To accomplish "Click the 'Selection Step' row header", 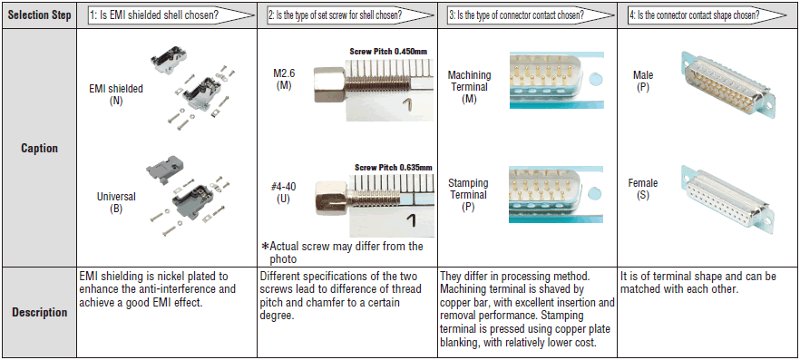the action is coord(39,15).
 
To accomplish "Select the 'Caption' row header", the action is coord(39,149).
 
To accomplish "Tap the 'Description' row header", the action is coord(39,312).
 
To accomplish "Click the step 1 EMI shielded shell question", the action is coord(154,15).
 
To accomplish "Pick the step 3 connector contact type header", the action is coord(515,15).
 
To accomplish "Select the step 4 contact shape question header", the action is coord(695,15).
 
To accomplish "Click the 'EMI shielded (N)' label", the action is coord(116,94).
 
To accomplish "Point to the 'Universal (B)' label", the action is coord(116,202).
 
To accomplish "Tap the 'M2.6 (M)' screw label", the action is coord(284,80).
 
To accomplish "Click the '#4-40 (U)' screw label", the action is coord(284,193).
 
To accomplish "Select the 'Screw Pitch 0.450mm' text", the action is coord(388,51).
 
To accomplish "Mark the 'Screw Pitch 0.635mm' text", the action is coord(394,167).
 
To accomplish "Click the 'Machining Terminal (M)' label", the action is coord(470,87).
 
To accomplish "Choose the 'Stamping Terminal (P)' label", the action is coord(468,195).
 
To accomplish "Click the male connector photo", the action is coord(727,86).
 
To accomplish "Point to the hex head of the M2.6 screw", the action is coord(323,85).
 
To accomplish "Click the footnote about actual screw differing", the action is coord(342,252).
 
